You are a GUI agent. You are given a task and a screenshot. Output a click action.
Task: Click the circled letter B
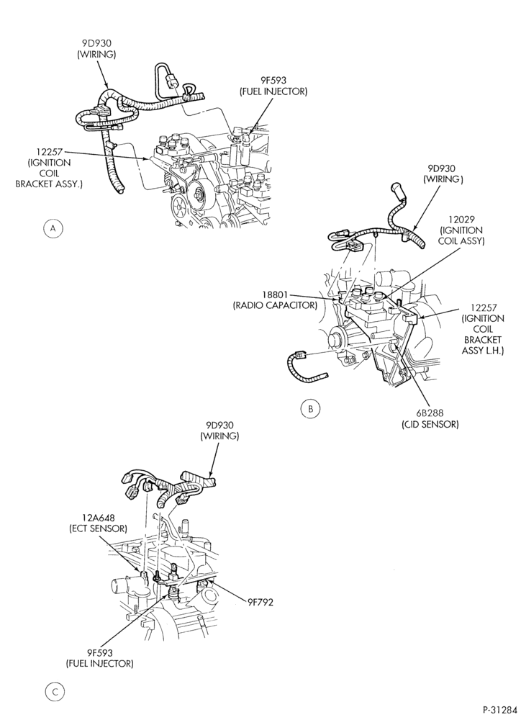(311, 409)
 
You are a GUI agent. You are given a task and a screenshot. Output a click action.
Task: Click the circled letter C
(55, 693)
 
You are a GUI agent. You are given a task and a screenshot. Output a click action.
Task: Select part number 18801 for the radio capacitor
(274, 294)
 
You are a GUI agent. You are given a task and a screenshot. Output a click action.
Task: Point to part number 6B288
(430, 413)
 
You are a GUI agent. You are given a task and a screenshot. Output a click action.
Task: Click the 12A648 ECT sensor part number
(97, 518)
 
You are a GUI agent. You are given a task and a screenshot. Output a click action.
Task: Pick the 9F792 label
(259, 602)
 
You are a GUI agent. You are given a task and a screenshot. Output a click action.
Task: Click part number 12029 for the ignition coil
(462, 220)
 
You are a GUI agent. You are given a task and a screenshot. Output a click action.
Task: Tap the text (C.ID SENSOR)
(430, 424)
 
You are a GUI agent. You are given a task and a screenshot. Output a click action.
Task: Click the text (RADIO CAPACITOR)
(274, 305)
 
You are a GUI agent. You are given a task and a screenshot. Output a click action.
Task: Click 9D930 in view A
(96, 43)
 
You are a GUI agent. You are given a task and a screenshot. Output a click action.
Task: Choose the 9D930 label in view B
(443, 168)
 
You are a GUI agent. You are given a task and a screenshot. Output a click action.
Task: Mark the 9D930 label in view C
(219, 426)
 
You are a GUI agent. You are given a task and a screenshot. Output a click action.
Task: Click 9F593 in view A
(273, 81)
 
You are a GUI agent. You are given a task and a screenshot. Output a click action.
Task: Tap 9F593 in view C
(99, 652)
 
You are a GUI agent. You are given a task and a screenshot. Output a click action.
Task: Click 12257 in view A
(48, 151)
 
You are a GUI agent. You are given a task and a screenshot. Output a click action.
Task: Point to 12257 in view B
(483, 307)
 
